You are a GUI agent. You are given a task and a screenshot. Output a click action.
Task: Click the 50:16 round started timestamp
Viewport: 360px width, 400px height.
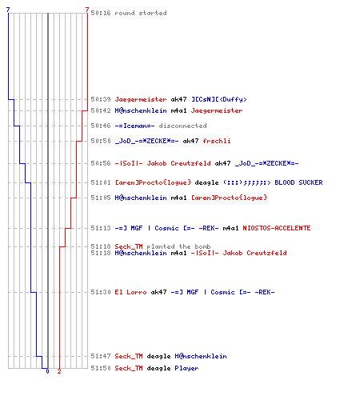click(x=101, y=13)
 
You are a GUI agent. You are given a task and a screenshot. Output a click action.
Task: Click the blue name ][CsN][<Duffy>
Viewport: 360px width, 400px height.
click(x=219, y=99)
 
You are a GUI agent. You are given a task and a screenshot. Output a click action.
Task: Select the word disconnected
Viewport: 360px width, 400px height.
click(x=182, y=126)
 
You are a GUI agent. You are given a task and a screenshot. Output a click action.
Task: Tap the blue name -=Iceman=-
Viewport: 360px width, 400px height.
click(x=134, y=126)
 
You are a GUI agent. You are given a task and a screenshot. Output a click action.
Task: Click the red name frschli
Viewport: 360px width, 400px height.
click(x=217, y=141)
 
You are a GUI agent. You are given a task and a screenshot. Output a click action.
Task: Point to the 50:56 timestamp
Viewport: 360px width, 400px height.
click(x=101, y=163)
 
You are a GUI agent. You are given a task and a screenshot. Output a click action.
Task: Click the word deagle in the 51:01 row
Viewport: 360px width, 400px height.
click(x=206, y=182)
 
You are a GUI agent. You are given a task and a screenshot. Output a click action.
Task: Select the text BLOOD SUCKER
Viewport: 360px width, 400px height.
click(x=298, y=182)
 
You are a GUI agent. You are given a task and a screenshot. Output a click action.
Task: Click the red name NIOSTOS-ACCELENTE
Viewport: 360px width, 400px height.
click(x=277, y=228)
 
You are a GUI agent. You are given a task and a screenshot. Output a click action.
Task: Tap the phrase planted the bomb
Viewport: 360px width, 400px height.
click(x=178, y=246)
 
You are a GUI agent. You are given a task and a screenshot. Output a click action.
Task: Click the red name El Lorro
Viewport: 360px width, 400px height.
click(x=130, y=292)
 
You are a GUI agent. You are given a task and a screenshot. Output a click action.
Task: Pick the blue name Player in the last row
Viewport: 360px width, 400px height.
click(x=186, y=368)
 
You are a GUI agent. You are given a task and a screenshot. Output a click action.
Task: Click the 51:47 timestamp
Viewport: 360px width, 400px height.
click(x=101, y=356)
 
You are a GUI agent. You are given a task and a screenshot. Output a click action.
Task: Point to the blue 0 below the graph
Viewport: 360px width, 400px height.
click(x=47, y=371)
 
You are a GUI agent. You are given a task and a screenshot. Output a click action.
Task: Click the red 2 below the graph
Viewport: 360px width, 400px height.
click(x=59, y=371)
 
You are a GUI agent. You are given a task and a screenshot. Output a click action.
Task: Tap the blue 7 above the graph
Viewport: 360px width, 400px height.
click(x=8, y=10)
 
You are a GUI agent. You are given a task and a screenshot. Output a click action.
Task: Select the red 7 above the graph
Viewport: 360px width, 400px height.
click(x=87, y=10)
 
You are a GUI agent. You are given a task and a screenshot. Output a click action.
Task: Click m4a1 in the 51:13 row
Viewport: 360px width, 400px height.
click(x=230, y=228)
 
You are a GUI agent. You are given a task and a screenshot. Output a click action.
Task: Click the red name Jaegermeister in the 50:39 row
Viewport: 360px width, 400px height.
click(x=141, y=99)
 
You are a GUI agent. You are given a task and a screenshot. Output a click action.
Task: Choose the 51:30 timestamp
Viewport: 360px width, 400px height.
click(x=101, y=292)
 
